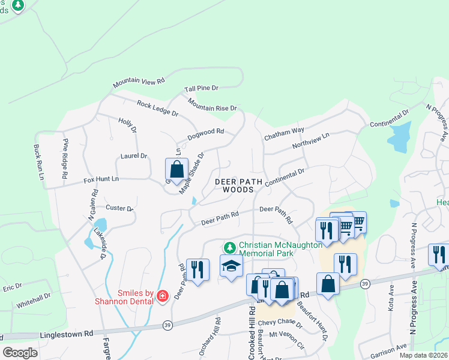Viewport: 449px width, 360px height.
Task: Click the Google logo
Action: click(20, 352)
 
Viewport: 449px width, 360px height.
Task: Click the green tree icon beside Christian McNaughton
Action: click(229, 247)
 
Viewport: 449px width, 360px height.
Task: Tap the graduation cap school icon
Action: click(231, 266)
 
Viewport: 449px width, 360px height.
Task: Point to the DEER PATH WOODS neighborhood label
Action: click(235, 184)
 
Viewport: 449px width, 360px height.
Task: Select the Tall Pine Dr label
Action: click(201, 88)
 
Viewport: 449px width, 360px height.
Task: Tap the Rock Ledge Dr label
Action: click(157, 108)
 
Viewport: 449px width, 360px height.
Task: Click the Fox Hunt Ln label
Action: click(101, 179)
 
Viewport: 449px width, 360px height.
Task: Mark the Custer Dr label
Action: click(119, 208)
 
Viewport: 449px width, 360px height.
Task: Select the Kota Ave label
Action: click(391, 298)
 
